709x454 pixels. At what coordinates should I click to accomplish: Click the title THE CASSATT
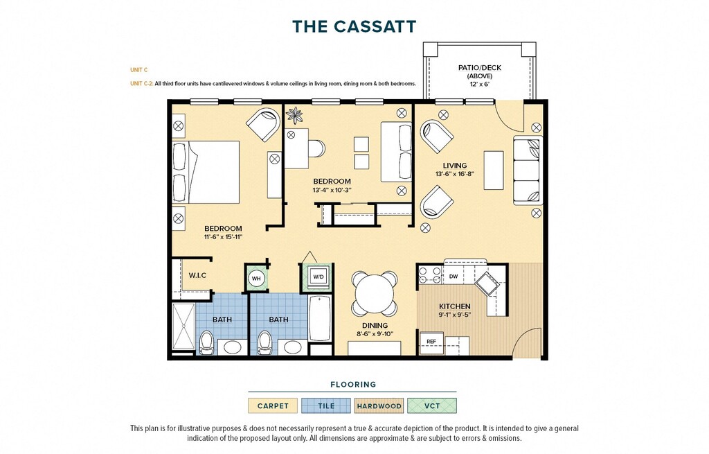pyautogui.click(x=354, y=26)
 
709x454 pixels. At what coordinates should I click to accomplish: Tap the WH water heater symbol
pyautogui.click(x=256, y=279)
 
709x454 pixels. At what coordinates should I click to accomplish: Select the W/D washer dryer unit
pyautogui.click(x=318, y=277)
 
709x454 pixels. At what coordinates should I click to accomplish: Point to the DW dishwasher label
pyautogui.click(x=454, y=276)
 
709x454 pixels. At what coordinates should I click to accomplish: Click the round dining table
pyautogui.click(x=375, y=293)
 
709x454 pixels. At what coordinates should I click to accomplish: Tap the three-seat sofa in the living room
pyautogui.click(x=527, y=171)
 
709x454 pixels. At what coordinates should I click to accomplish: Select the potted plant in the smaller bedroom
pyautogui.click(x=295, y=115)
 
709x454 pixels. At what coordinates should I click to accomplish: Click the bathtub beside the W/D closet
pyautogui.click(x=320, y=317)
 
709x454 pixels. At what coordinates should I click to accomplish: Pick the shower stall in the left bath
pyautogui.click(x=183, y=326)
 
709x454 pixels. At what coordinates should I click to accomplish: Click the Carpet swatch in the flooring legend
pyautogui.click(x=273, y=405)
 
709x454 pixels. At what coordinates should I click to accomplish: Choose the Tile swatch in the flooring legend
pyautogui.click(x=326, y=405)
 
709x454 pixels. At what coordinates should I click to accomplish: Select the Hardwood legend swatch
pyautogui.click(x=379, y=405)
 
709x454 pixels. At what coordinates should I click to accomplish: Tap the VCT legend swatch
pyautogui.click(x=432, y=405)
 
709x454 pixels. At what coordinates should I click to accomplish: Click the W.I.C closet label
pyautogui.click(x=197, y=275)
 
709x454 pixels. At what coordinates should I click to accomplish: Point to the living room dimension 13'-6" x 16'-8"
pyautogui.click(x=455, y=174)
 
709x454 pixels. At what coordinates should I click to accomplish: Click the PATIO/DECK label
pyautogui.click(x=480, y=67)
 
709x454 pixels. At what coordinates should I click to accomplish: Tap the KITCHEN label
pyautogui.click(x=454, y=306)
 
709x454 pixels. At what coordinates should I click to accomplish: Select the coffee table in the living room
pyautogui.click(x=494, y=171)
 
